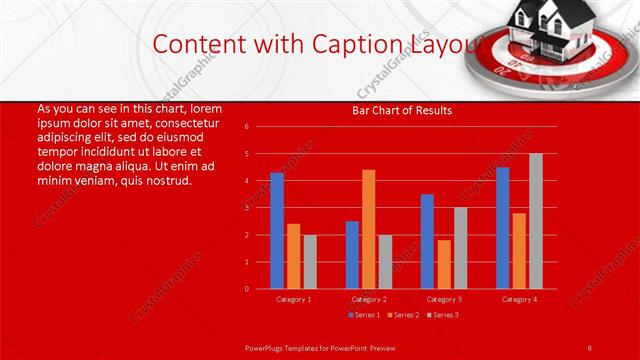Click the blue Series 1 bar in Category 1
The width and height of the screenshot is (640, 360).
pos(277,231)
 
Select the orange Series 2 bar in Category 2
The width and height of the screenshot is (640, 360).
pos(368,229)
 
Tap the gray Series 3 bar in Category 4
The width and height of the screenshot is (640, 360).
pos(535,221)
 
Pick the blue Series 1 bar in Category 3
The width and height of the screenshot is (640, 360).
pos(427,241)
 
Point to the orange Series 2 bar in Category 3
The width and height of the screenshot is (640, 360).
pos(443,264)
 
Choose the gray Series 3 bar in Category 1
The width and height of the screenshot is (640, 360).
pos(309,261)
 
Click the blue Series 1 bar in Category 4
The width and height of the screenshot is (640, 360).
pos(502,228)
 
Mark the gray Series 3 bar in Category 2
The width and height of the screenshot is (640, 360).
pos(385,261)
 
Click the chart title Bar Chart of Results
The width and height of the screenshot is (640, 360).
pos(402,110)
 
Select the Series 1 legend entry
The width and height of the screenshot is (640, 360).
pos(365,315)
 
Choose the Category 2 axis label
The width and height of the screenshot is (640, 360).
pos(369,299)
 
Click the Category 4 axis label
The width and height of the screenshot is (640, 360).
pos(518,299)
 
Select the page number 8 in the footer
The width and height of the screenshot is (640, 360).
pos(589,347)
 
